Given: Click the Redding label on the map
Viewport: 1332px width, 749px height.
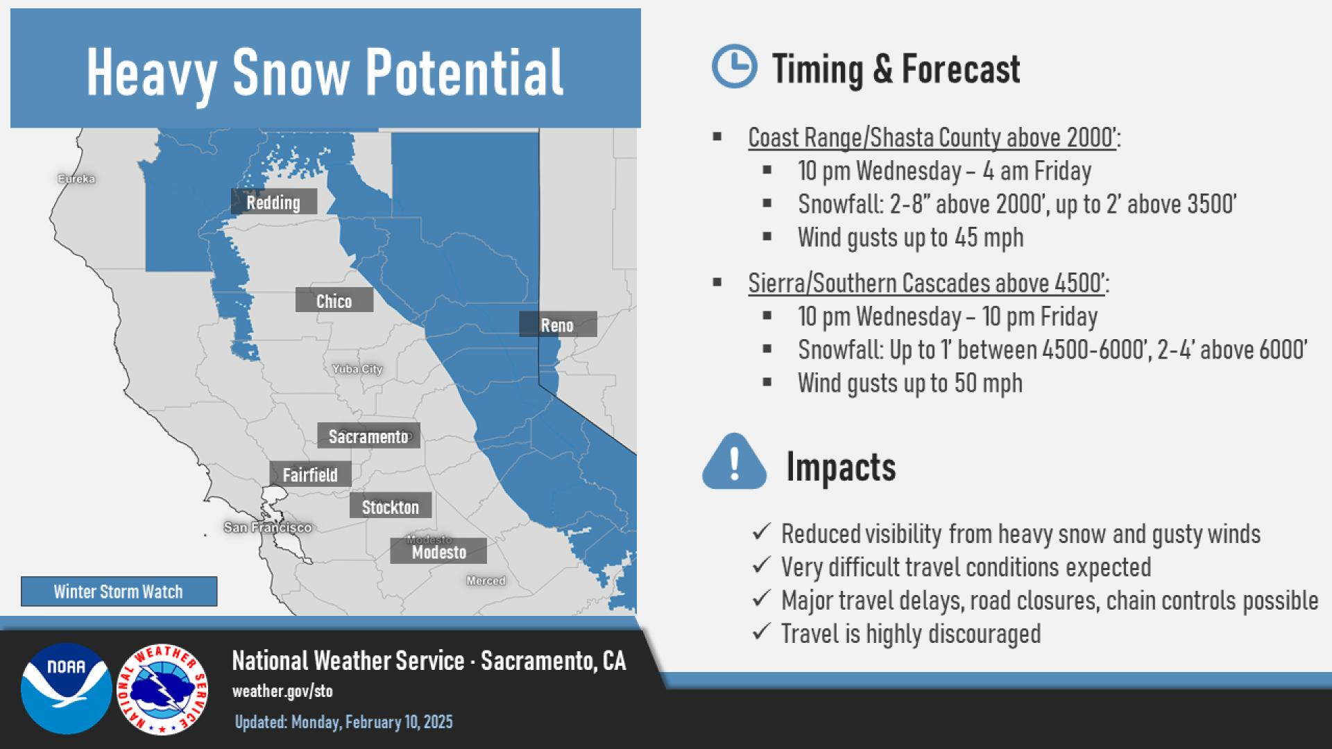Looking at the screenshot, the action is [274, 202].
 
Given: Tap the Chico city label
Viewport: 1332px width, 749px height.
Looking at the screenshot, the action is [334, 300].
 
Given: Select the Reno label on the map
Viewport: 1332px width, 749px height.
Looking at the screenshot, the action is [558, 324].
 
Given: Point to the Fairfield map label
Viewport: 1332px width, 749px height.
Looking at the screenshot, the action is [310, 474].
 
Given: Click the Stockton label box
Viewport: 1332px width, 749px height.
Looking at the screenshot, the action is [391, 506].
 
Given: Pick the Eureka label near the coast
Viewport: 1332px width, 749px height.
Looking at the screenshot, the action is [76, 179].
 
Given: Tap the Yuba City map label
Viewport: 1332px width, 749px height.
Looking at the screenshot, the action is [357, 369].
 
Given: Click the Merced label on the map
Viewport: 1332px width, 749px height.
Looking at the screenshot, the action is [486, 580].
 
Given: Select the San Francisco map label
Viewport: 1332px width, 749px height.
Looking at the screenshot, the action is [268, 528].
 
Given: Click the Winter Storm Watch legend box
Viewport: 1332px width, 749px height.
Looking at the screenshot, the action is [119, 592].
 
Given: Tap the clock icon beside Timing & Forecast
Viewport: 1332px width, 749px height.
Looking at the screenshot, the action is [735, 67].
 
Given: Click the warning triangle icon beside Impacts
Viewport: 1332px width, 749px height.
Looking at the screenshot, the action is [735, 463].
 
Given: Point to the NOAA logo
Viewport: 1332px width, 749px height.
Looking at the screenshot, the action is [67, 689].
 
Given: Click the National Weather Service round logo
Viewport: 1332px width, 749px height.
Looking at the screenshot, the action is [162, 689].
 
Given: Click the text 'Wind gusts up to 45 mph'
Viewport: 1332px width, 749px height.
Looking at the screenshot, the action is [910, 237].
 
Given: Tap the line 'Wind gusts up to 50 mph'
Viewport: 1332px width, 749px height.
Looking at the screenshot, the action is [910, 383].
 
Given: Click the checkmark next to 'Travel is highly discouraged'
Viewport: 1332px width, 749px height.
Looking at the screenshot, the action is [762, 631].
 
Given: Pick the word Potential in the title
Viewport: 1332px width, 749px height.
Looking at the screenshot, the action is [464, 72].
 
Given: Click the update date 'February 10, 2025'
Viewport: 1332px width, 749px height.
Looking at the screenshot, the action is [399, 722].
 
